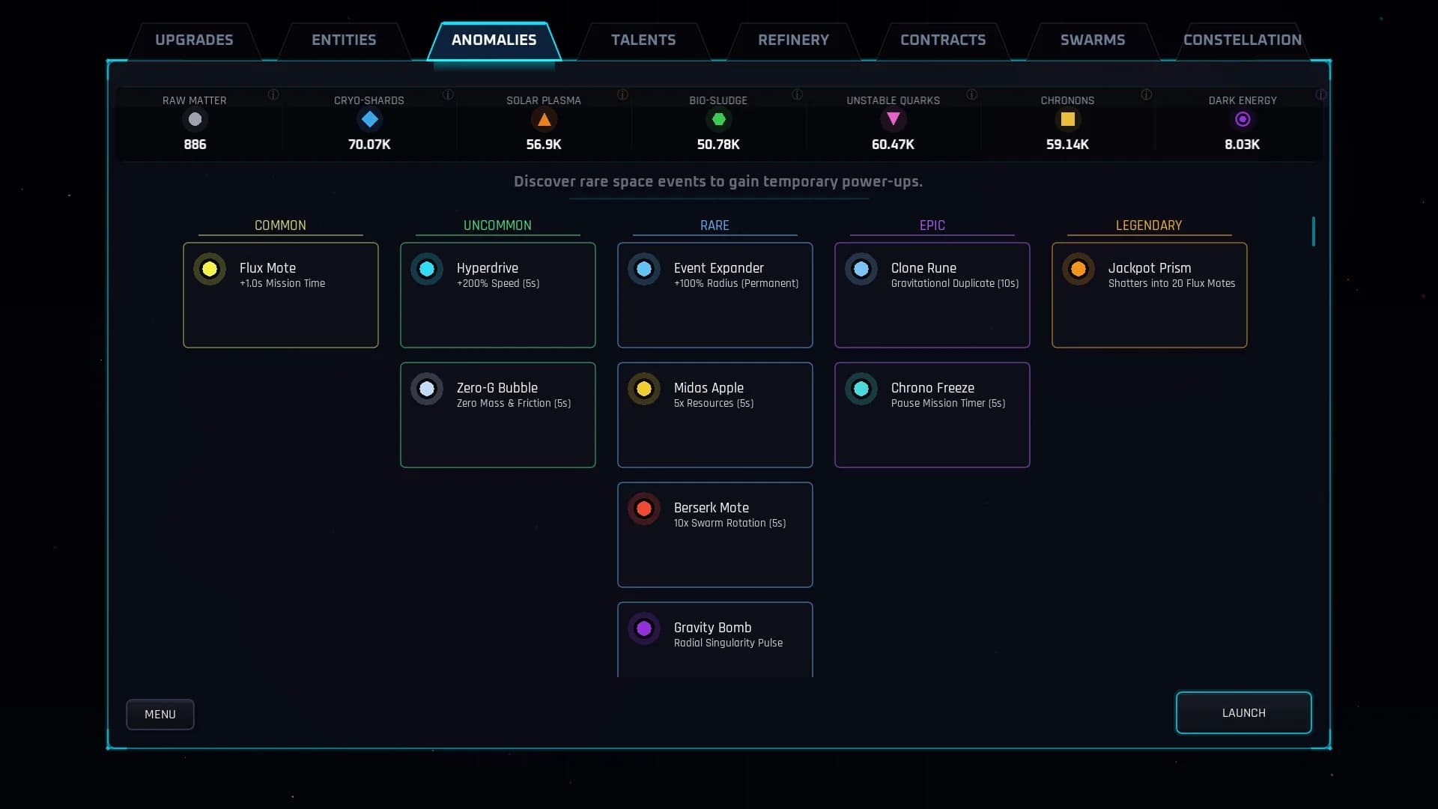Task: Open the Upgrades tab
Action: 194,40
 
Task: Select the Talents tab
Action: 643,40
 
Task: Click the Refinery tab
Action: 793,40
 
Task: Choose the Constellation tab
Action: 1243,40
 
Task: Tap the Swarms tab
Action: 1093,40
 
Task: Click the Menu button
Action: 160,715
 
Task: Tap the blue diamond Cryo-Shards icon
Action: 369,119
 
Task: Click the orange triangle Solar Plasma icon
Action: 544,119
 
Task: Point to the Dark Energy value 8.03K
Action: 1242,145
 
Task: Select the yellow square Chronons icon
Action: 1067,119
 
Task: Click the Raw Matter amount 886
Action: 195,145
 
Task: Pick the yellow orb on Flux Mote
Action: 210,269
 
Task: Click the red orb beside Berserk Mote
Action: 644,509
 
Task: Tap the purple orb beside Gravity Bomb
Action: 644,628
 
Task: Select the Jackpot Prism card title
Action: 1150,268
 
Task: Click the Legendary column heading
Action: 1149,225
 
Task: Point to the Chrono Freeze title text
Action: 932,388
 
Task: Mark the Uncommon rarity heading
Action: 497,225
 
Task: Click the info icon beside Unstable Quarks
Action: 971,94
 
